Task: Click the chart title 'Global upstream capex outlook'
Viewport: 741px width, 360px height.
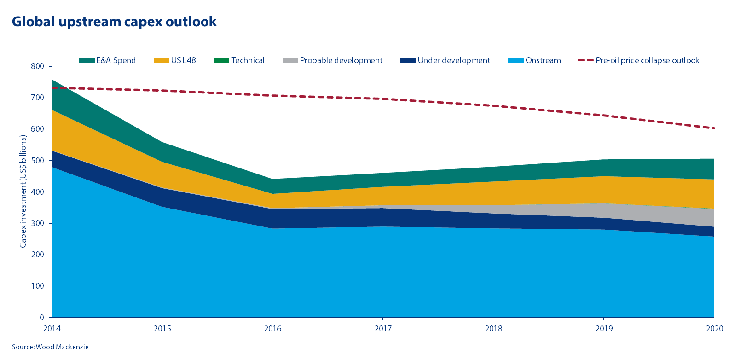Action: click(114, 22)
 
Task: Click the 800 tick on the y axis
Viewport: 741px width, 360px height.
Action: click(38, 66)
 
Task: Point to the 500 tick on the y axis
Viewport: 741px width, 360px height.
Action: click(38, 161)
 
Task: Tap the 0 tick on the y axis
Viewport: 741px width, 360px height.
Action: click(42, 318)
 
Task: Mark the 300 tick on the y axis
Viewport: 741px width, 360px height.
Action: click(38, 223)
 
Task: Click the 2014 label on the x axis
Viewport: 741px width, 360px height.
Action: click(52, 329)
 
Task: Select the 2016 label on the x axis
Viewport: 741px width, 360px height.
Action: click(272, 329)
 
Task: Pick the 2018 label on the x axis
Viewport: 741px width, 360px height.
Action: click(493, 329)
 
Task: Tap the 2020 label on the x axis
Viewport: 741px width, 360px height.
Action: click(714, 329)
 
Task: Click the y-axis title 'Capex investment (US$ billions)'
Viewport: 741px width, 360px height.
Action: click(23, 192)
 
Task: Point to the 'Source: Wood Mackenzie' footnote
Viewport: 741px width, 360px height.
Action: click(50, 347)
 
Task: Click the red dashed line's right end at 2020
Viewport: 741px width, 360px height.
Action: click(714, 128)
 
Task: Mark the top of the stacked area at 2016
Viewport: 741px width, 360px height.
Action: click(272, 179)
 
